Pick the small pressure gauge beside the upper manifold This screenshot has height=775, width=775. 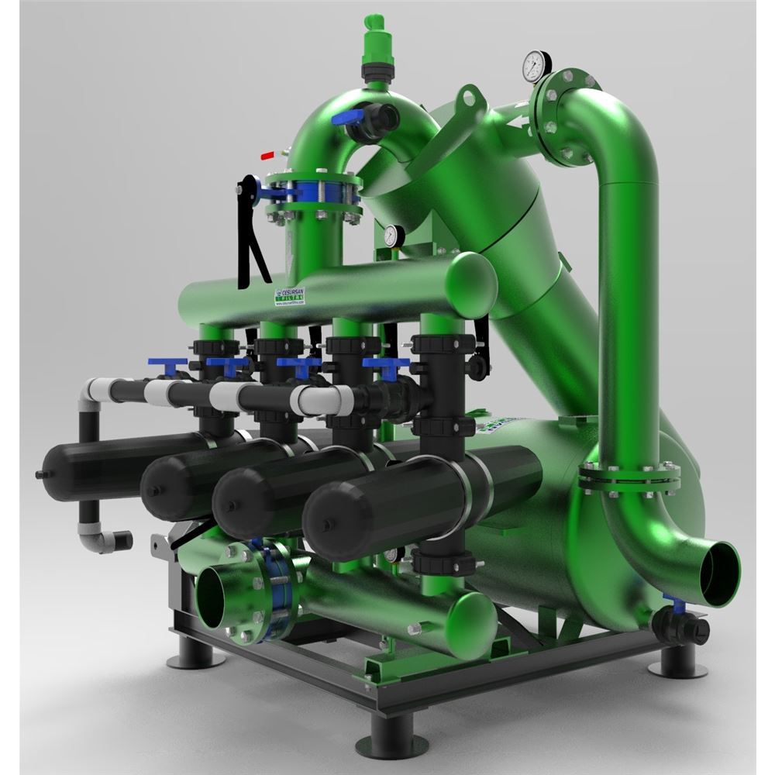[x=391, y=235]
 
